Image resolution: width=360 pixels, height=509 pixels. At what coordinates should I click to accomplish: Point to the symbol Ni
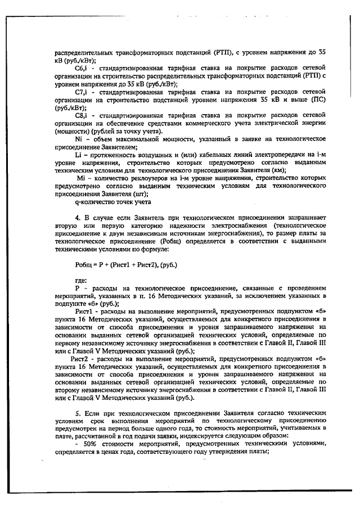79,138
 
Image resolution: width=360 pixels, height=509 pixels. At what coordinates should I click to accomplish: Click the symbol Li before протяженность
78,154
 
